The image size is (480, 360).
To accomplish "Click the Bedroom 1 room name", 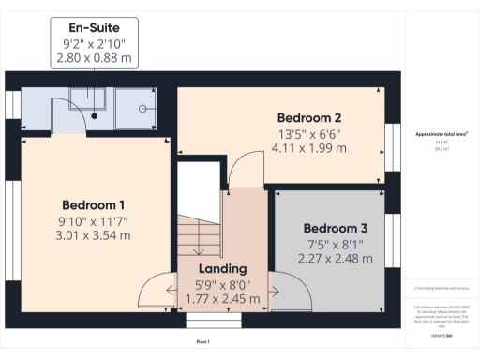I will click(94, 204).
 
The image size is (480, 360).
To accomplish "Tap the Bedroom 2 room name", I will click(308, 117).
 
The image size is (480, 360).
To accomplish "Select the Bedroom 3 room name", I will click(335, 228).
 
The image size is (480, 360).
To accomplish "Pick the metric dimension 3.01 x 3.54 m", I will click(94, 235).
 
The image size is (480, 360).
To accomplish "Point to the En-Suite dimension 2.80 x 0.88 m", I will click(94, 58).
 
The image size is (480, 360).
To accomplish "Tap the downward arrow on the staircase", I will click(199, 247).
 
